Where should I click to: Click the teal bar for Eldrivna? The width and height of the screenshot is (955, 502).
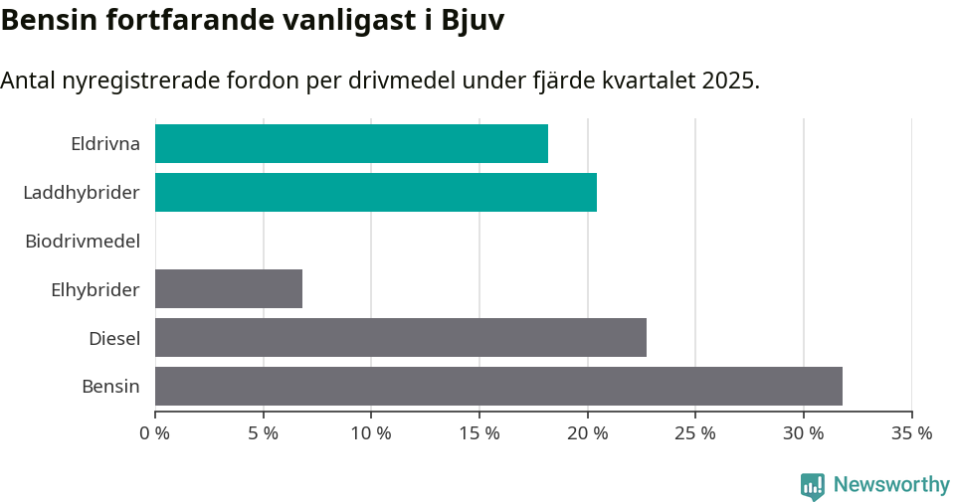pos(351,143)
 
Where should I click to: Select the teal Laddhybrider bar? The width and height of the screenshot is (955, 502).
pos(376,192)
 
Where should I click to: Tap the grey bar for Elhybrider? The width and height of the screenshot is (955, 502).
pos(229,288)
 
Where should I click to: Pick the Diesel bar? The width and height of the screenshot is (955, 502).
pos(401,337)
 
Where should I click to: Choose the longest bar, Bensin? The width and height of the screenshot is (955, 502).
pos(498,386)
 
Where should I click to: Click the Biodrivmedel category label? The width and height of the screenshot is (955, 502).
pos(83,241)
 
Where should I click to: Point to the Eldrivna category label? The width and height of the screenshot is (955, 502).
pos(105,144)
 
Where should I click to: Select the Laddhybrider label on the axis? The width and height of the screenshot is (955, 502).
pos(82,192)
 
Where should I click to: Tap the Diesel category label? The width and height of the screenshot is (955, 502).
pos(114,338)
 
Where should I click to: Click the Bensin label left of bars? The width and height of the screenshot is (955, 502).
pos(110,387)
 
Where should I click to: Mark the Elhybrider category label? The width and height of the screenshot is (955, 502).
pos(95,289)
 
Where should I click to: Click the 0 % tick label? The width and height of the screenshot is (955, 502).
pos(155,433)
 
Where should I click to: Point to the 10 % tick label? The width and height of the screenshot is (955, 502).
pos(371,433)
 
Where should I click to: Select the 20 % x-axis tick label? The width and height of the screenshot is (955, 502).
pos(587,433)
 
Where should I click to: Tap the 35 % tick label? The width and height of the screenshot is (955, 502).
pos(911,433)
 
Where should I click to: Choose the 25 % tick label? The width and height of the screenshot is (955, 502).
pos(695,433)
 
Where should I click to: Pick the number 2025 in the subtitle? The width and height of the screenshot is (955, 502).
pos(727,81)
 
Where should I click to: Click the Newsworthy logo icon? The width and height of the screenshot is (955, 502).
pos(813,485)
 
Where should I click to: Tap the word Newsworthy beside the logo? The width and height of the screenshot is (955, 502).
pos(891,485)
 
